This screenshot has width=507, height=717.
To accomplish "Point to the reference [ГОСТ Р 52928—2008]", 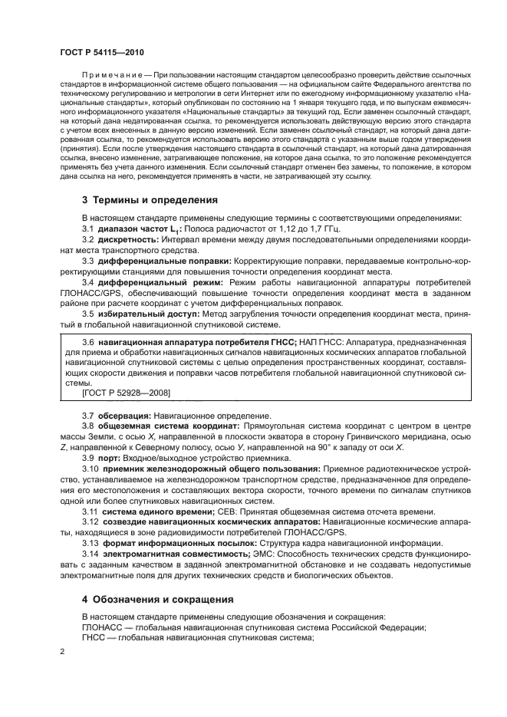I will point(126,393).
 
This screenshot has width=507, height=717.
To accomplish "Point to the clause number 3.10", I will point(90,468).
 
